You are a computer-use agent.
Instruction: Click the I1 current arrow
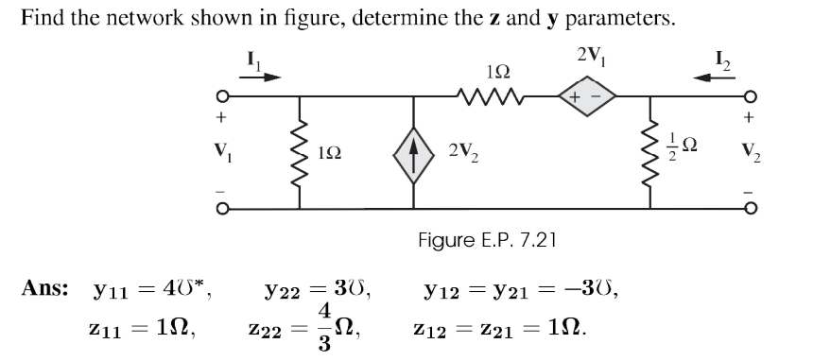tap(260, 77)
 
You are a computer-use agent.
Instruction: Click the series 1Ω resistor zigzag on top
tap(488, 96)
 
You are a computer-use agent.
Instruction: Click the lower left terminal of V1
tap(221, 207)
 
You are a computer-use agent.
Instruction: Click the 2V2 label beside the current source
tap(465, 152)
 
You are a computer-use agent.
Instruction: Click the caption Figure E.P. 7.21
tap(487, 240)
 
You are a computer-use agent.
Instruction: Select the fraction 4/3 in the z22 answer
tap(324, 325)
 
